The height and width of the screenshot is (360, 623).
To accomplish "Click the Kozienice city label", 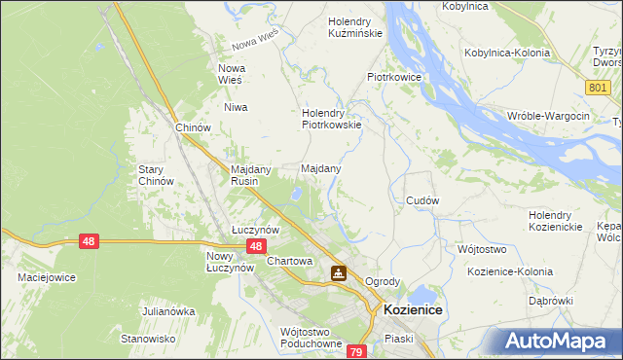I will [414, 309].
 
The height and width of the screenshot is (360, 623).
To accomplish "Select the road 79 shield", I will [356, 351].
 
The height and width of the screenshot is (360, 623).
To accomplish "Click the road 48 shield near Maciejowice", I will [89, 240].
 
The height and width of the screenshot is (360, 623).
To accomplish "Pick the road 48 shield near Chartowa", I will [254, 247].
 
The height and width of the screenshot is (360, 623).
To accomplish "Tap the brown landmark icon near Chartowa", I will [338, 273].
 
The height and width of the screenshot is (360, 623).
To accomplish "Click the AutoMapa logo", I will [563, 342].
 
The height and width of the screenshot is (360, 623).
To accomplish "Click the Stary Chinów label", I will [156, 175].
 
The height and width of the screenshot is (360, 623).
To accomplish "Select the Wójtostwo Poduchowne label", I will [311, 338].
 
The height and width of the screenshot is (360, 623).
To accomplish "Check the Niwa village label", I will [236, 107].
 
